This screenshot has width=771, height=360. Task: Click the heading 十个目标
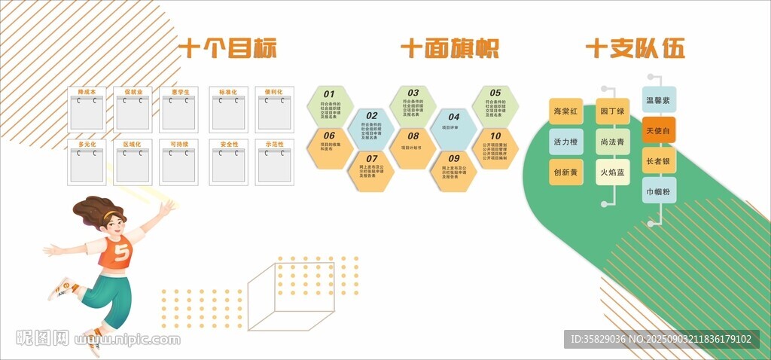pyautogui.click(x=227, y=50)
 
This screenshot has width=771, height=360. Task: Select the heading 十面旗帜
pyautogui.click(x=449, y=50)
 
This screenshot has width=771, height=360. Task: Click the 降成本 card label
pyautogui.click(x=87, y=92)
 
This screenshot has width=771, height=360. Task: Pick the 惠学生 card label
pyautogui.click(x=180, y=92)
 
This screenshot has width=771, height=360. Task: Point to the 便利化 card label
pyautogui.click(x=274, y=92)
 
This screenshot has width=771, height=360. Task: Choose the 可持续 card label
pyautogui.click(x=179, y=144)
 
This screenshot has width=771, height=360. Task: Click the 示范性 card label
pyautogui.click(x=274, y=144)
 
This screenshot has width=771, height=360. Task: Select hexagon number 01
pyautogui.click(x=330, y=106)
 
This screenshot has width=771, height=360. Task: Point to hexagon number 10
pyautogui.click(x=495, y=148)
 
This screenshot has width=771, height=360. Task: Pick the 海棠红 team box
pyautogui.click(x=566, y=111)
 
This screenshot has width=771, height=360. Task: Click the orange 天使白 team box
pyautogui.click(x=658, y=130)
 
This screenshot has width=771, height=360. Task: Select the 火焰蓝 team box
pyautogui.click(x=612, y=172)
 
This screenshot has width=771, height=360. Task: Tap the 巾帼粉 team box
pyautogui.click(x=658, y=192)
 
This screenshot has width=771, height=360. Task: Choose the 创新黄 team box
pyautogui.click(x=566, y=172)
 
